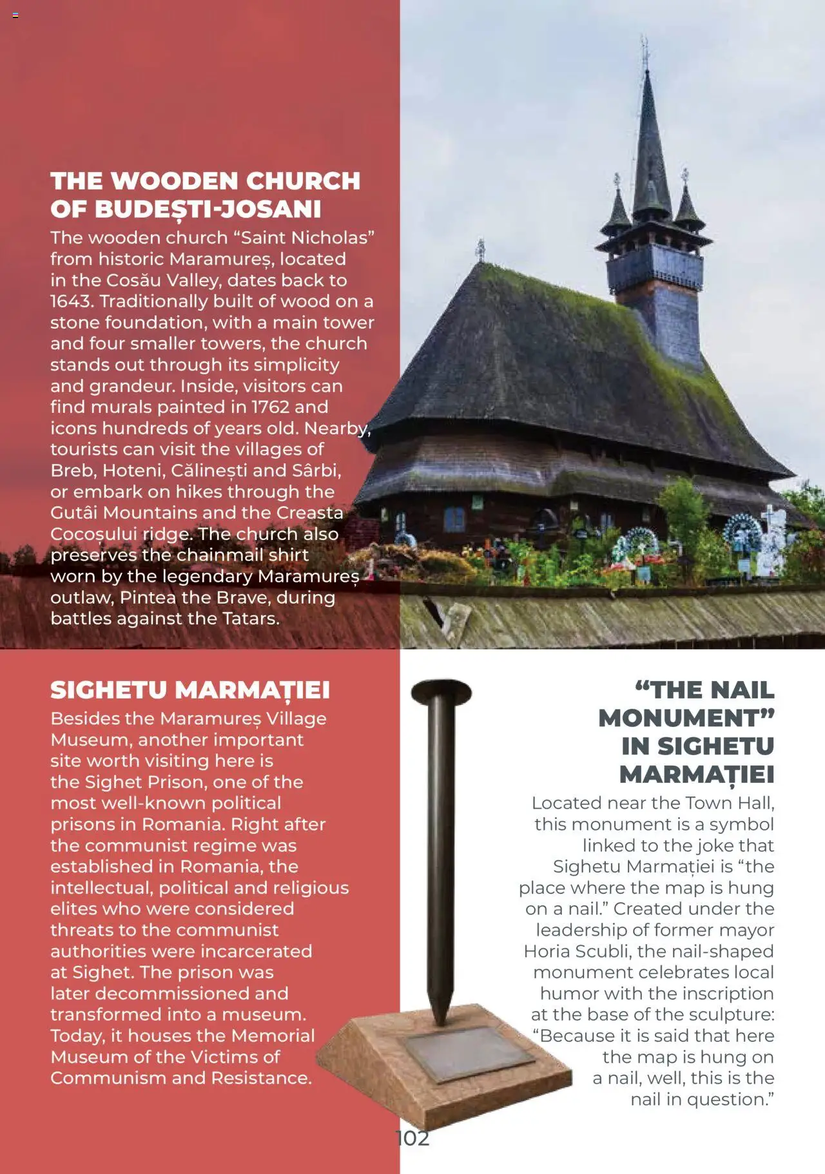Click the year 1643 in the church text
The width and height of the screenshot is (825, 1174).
[72, 302]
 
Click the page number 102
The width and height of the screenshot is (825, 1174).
[412, 1138]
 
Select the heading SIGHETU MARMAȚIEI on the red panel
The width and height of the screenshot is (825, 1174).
[190, 690]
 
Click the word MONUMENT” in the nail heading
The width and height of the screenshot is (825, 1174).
[686, 718]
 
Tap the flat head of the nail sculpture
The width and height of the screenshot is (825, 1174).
[442, 693]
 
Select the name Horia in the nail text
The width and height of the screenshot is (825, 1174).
[545, 951]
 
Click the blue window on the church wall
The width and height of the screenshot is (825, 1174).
[454, 519]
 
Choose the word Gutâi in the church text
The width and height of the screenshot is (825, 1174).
[74, 513]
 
